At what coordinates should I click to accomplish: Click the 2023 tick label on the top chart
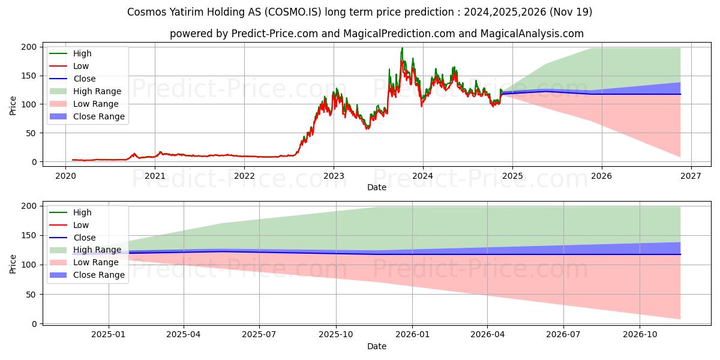pos(334,176)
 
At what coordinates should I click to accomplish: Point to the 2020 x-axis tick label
pos(65,176)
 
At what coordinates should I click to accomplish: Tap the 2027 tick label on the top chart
pos(691,176)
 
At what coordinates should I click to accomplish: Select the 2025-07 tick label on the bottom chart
pos(259,335)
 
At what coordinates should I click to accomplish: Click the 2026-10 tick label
pos(640,335)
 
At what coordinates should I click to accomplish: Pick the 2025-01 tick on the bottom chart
pos(109,335)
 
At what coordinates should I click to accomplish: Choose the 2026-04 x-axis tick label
pos(487,335)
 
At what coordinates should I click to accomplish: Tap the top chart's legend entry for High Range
pos(97,91)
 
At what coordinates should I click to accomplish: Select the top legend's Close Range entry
pos(98,116)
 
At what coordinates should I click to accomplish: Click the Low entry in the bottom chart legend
pos(80,225)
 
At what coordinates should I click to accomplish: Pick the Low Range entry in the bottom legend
pos(96,262)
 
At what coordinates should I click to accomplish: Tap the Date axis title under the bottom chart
pos(377,346)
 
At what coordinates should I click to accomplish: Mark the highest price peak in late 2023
pos(402,48)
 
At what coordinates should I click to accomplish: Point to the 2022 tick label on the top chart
pos(244,176)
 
